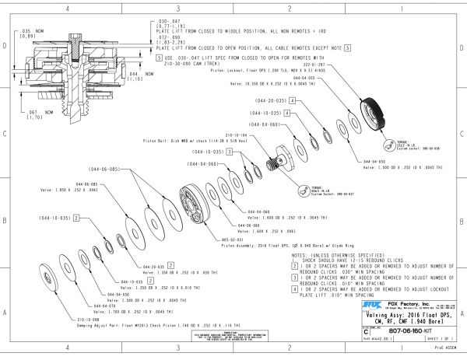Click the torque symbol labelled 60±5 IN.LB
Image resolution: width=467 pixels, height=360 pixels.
307,189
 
